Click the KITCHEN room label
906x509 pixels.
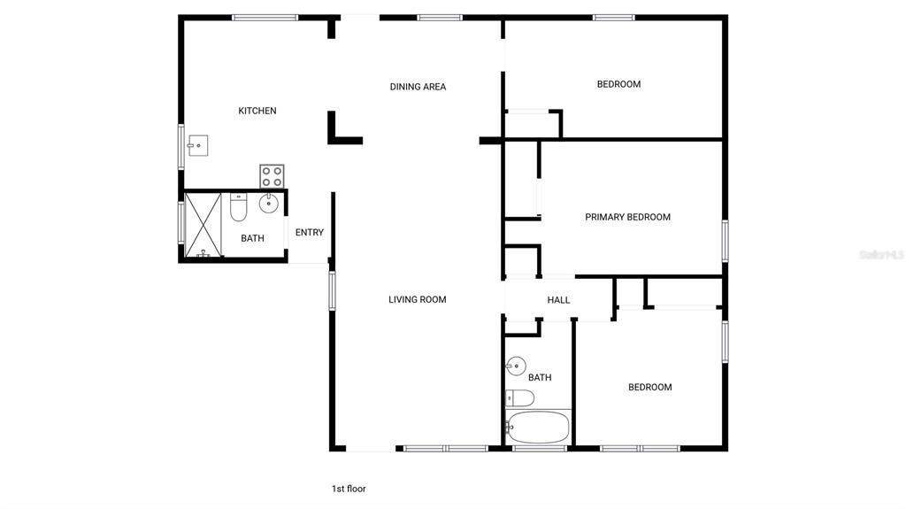tap(257, 111)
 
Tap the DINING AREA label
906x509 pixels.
tap(418, 87)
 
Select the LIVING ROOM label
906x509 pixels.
tap(418, 299)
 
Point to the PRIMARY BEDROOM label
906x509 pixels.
tap(627, 217)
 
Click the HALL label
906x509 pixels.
tap(558, 300)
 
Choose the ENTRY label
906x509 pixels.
tap(310, 233)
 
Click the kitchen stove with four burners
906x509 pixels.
tap(272, 176)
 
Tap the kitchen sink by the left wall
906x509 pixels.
tap(197, 144)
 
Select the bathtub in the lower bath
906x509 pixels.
tap(538, 428)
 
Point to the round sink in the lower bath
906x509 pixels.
tap(516, 365)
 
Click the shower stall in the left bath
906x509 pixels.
tap(203, 224)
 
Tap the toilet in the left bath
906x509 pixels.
tap(238, 207)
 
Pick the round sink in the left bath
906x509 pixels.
tap(269, 204)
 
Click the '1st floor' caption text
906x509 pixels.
tap(349, 489)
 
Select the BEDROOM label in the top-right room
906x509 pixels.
tap(618, 84)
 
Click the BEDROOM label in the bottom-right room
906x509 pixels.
tap(649, 387)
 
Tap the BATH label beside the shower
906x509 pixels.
tap(253, 238)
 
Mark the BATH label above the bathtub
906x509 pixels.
tap(540, 377)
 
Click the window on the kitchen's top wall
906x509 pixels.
tap(265, 17)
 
